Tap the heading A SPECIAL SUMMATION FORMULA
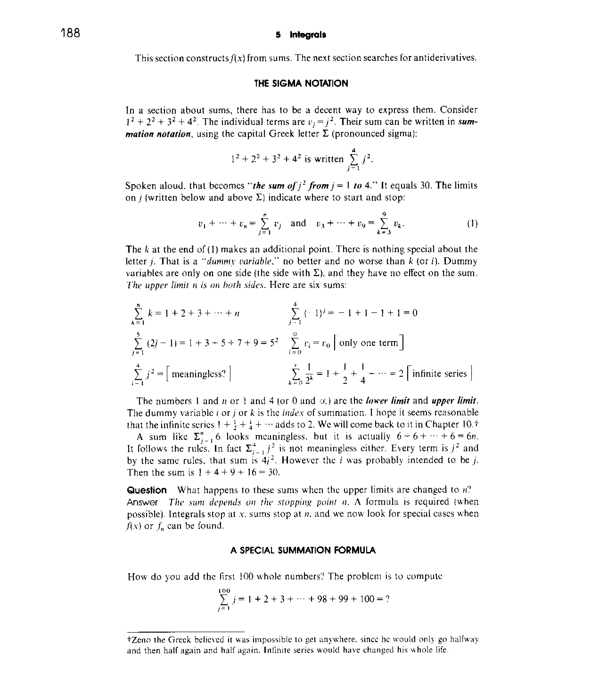point(303,550)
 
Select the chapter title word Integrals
point(308,35)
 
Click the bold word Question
point(147,490)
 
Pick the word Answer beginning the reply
point(142,502)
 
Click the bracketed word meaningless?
point(199,374)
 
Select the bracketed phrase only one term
point(369,343)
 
